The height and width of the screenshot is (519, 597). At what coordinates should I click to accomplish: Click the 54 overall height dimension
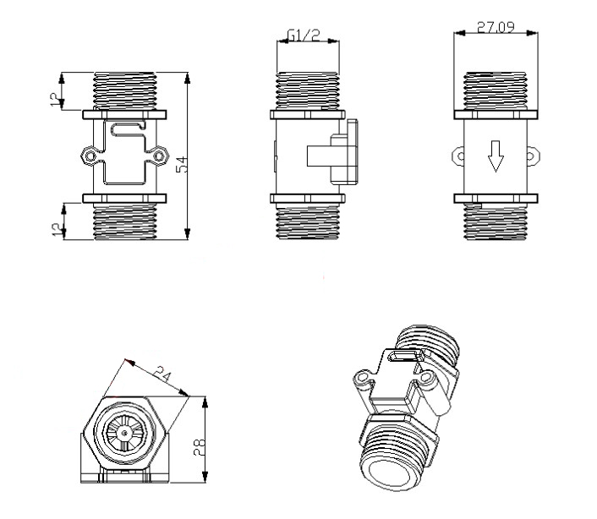pos(182,164)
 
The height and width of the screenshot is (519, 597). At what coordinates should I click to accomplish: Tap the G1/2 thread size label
pos(304,35)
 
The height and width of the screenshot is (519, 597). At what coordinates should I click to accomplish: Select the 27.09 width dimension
pos(496,27)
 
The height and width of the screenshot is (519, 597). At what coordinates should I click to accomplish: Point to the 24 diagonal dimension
pos(162,374)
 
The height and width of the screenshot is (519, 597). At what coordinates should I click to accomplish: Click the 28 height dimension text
pos(199,447)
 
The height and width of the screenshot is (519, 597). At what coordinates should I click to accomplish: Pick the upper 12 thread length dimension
pos(57,99)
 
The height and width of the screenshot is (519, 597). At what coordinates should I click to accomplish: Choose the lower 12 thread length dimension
pos(58,229)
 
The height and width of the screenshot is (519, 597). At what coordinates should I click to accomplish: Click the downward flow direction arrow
pos(496,156)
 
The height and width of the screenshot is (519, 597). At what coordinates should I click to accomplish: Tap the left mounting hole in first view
pos(90,156)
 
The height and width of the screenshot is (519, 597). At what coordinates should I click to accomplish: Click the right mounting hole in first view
pos(158,156)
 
